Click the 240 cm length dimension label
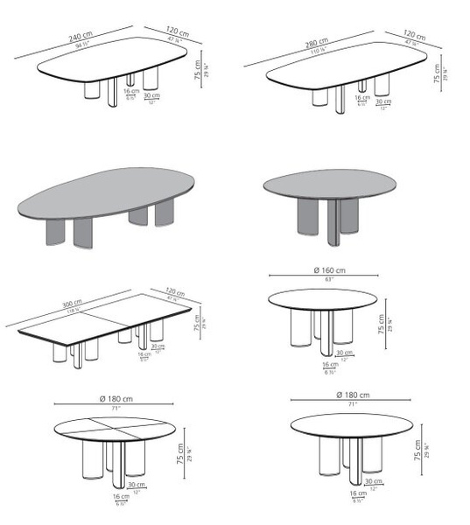click(81, 37)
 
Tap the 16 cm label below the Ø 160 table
click(328, 364)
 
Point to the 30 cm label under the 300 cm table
click(158, 346)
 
